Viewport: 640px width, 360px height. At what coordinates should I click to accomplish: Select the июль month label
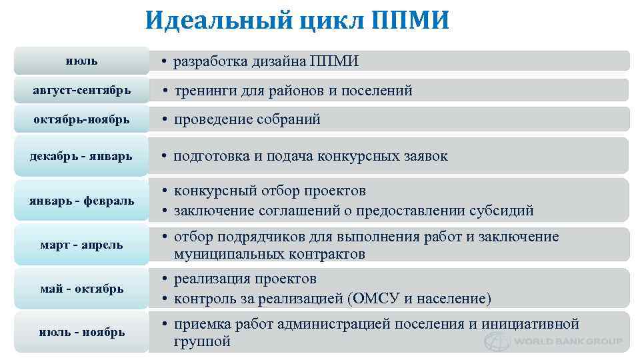[81, 61]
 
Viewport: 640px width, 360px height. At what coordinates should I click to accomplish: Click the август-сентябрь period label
[81, 89]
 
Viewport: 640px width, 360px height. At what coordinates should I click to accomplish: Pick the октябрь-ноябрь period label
[81, 119]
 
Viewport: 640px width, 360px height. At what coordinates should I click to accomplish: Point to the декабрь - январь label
[81, 156]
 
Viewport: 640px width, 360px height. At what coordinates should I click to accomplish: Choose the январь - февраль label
[81, 200]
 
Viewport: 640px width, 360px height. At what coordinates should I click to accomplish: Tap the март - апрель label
[81, 245]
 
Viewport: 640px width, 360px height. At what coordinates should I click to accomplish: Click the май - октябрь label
[81, 289]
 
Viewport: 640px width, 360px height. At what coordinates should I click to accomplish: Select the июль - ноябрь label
[81, 331]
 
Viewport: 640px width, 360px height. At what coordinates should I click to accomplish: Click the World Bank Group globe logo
[496, 341]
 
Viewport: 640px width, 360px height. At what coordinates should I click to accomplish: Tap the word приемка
[201, 325]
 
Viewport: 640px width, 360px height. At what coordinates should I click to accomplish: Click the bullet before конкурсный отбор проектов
[163, 191]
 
